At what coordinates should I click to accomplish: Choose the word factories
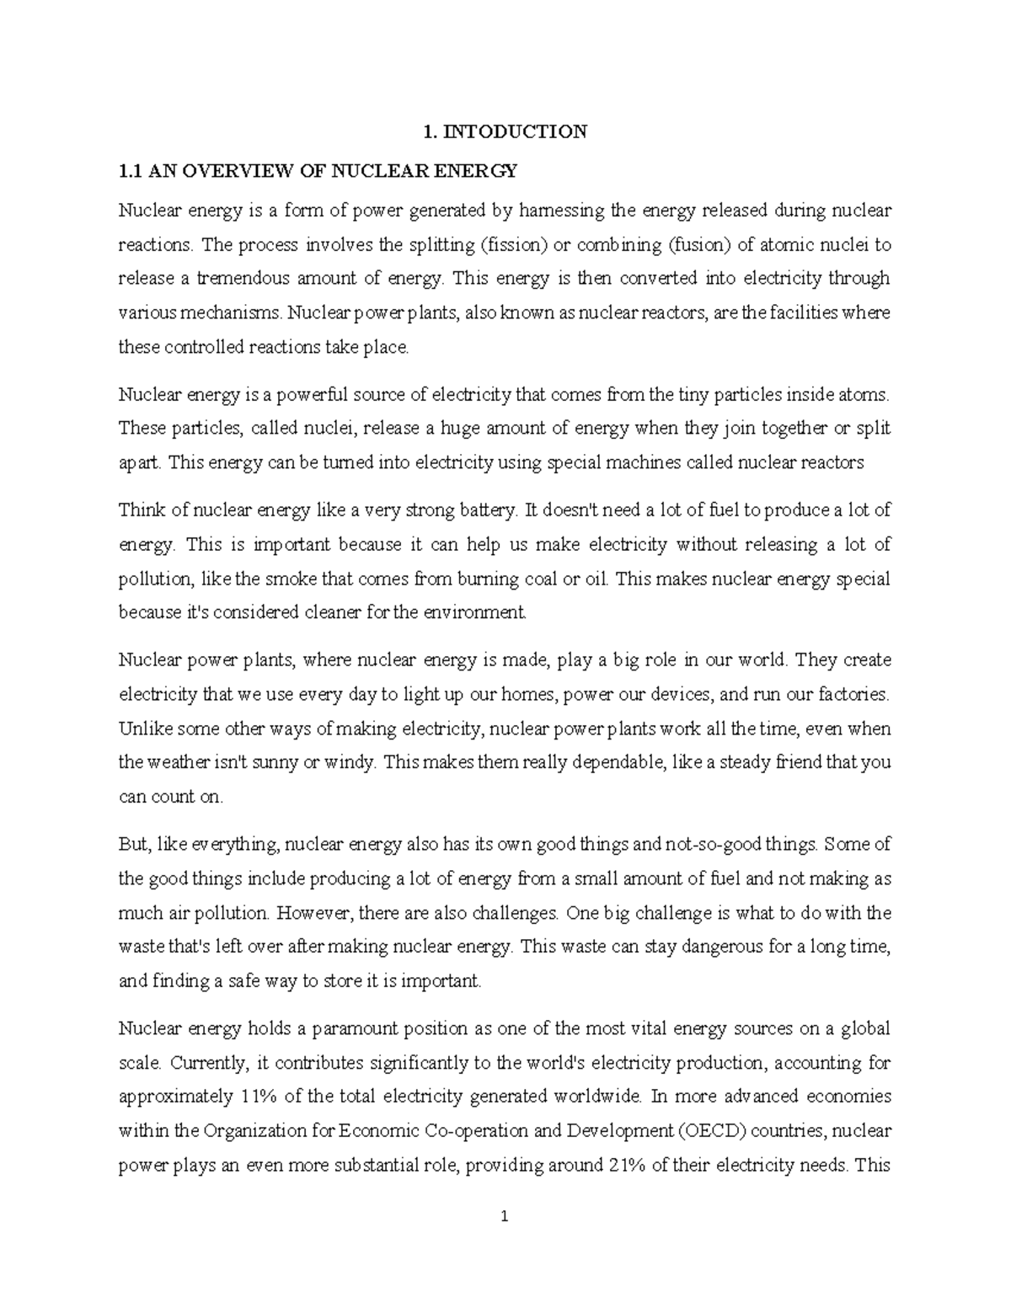854,695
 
